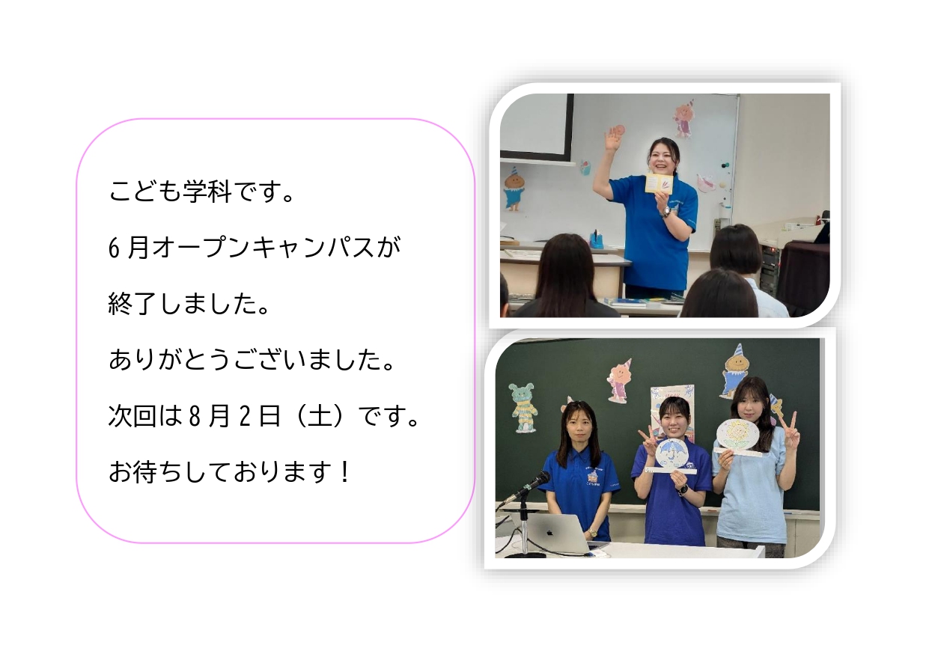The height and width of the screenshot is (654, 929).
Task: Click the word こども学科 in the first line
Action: [x=170, y=192]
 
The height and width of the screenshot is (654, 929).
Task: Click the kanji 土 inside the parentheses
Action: [x=318, y=416]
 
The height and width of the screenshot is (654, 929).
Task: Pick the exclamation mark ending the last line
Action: [x=344, y=472]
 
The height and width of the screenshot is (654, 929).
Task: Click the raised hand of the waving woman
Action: [x=612, y=139]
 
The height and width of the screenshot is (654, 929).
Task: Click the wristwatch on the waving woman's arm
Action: [x=666, y=212]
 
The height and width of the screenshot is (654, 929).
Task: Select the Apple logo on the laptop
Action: [x=549, y=532]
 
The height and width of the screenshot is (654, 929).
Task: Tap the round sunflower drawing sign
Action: [x=739, y=433]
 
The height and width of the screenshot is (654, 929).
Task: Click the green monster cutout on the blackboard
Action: [x=523, y=407]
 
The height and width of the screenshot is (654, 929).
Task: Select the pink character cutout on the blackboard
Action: [x=619, y=382]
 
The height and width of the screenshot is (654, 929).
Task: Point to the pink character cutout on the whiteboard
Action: [x=683, y=120]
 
